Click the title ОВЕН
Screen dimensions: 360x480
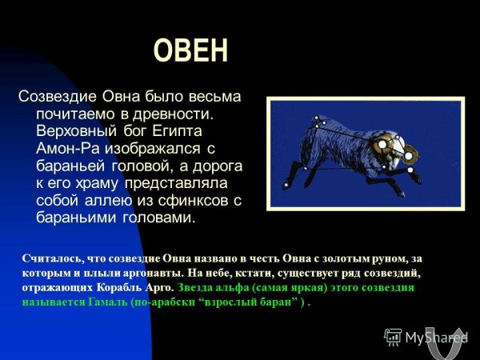tap(190, 50)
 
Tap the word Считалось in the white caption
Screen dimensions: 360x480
tap(54, 258)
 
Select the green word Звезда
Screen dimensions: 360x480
tap(198, 288)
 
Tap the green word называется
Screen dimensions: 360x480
tap(55, 303)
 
